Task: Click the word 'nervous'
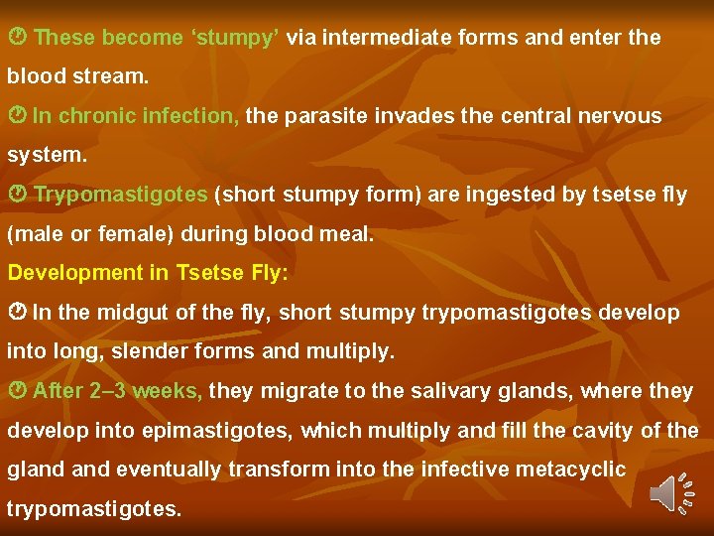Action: click(x=622, y=116)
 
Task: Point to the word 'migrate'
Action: click(x=298, y=391)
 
